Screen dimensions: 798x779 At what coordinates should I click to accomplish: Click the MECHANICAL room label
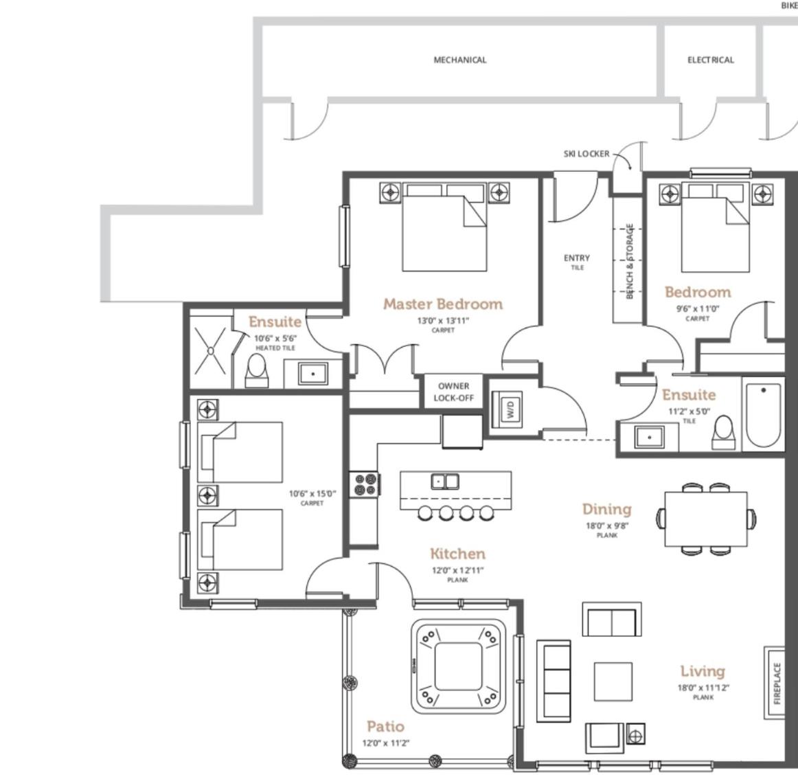click(460, 60)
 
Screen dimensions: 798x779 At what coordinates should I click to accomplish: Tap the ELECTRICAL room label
click(711, 60)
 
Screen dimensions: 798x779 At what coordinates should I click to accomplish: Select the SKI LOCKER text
click(586, 154)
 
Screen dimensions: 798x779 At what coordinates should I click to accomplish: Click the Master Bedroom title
click(443, 304)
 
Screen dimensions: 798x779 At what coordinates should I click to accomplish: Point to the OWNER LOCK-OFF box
click(453, 392)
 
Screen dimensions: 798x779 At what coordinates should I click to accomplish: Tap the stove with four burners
click(365, 484)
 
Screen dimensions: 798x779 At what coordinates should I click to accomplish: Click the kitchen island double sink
click(445, 482)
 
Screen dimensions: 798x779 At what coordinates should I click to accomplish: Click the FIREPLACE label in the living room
click(777, 683)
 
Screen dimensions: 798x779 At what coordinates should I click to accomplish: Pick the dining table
click(706, 519)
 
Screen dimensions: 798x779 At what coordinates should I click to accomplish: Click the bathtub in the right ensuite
click(763, 414)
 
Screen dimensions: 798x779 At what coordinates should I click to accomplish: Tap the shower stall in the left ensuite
click(211, 350)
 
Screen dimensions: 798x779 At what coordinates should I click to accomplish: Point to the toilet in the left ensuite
click(256, 371)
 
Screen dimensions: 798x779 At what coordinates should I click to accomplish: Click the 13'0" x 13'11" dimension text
click(443, 321)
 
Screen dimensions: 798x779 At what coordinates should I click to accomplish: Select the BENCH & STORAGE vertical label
click(630, 261)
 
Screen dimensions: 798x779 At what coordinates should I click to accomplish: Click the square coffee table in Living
click(613, 681)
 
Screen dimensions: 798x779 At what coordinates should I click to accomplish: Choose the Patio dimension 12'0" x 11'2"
click(386, 743)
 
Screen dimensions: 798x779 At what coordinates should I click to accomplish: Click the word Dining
click(606, 510)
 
